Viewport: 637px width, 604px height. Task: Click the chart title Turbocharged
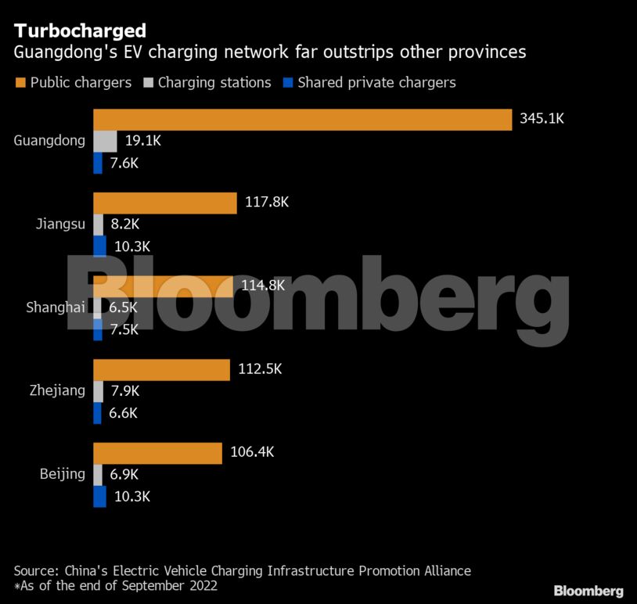pos(80,31)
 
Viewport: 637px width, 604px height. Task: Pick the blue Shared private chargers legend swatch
pos(287,82)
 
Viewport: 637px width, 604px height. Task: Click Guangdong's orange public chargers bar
pos(302,120)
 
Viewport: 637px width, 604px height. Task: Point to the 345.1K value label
pos(542,120)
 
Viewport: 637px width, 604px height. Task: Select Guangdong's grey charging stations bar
pos(105,142)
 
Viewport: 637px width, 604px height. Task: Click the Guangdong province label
pos(49,142)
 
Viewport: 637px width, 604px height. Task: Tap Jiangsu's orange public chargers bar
pos(165,203)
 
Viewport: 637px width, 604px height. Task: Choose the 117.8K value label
pos(267,203)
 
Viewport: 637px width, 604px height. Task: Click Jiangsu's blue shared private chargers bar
pos(99,246)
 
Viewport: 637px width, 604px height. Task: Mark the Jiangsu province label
pos(60,225)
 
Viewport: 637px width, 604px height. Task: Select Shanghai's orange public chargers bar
pos(163,286)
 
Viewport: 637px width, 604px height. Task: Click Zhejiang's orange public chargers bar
pos(161,369)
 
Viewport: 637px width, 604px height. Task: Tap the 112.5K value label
pos(261,369)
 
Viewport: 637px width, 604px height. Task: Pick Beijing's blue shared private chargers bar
pos(99,496)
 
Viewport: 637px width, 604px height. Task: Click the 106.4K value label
pos(253,452)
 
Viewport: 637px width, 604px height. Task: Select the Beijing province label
pos(63,474)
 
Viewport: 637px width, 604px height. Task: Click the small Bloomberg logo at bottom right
pos(588,591)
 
